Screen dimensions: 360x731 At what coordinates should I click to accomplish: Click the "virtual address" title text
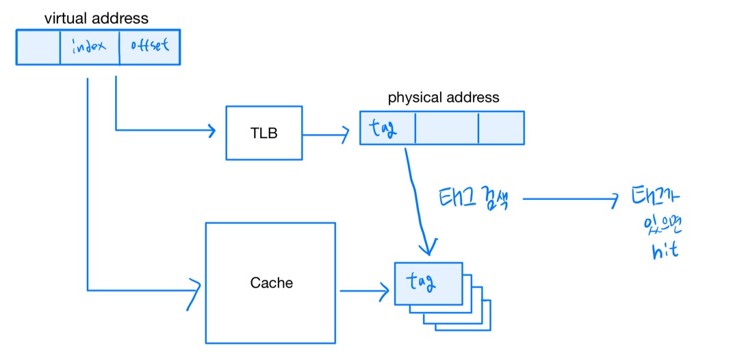click(x=97, y=18)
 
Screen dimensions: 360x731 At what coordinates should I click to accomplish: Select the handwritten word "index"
click(x=89, y=47)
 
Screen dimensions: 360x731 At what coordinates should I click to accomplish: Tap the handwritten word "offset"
click(x=149, y=47)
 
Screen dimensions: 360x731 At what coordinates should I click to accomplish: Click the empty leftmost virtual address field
click(x=38, y=47)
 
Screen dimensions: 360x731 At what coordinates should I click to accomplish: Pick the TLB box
click(x=264, y=133)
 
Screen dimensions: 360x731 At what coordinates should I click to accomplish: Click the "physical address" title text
click(x=444, y=97)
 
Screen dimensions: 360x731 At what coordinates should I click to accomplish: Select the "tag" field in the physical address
click(x=387, y=128)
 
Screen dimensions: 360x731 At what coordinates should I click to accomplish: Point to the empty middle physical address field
click(x=446, y=128)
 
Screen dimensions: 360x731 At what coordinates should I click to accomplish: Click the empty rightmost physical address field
click(x=501, y=128)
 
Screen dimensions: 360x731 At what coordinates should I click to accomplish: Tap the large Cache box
click(x=270, y=283)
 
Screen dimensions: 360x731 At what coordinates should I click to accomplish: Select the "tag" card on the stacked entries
click(x=428, y=282)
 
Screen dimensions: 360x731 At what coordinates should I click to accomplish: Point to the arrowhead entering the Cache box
click(x=195, y=290)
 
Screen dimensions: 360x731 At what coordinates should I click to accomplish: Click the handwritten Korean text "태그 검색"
click(x=472, y=198)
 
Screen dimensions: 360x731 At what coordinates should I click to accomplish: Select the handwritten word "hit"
click(x=665, y=250)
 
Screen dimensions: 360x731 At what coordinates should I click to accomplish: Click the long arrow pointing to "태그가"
click(x=568, y=199)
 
